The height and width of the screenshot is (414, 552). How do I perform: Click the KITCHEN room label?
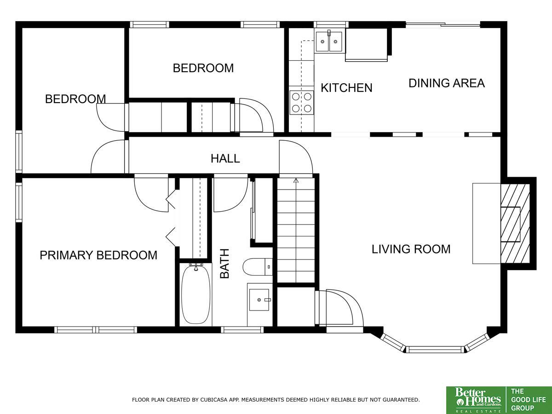(346, 88)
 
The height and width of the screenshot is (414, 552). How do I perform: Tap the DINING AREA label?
(447, 83)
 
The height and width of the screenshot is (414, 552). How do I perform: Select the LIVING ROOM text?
(411, 249)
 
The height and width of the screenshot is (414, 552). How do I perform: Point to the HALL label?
(225, 159)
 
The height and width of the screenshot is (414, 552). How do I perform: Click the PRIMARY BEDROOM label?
(98, 255)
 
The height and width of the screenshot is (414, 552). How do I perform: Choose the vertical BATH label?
(224, 264)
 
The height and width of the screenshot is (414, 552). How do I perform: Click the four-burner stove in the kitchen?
(301, 103)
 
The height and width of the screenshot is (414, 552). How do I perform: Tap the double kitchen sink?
(329, 41)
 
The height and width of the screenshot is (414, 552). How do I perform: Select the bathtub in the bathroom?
(195, 293)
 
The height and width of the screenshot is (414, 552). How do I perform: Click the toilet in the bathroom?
(258, 267)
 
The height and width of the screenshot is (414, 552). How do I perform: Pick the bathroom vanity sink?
(259, 299)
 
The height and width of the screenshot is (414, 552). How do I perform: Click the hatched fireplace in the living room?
(515, 224)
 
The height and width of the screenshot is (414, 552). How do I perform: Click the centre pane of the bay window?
(435, 350)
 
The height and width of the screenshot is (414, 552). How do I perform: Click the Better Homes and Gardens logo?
(476, 400)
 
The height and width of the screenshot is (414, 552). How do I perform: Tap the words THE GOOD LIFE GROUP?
(528, 400)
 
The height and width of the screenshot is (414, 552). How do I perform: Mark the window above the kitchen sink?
(331, 25)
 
